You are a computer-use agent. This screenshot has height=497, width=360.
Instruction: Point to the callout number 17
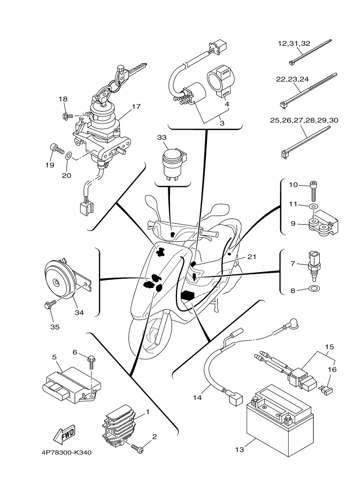(x=136, y=107)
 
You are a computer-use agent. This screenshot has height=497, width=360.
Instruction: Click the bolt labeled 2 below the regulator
(x=138, y=447)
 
